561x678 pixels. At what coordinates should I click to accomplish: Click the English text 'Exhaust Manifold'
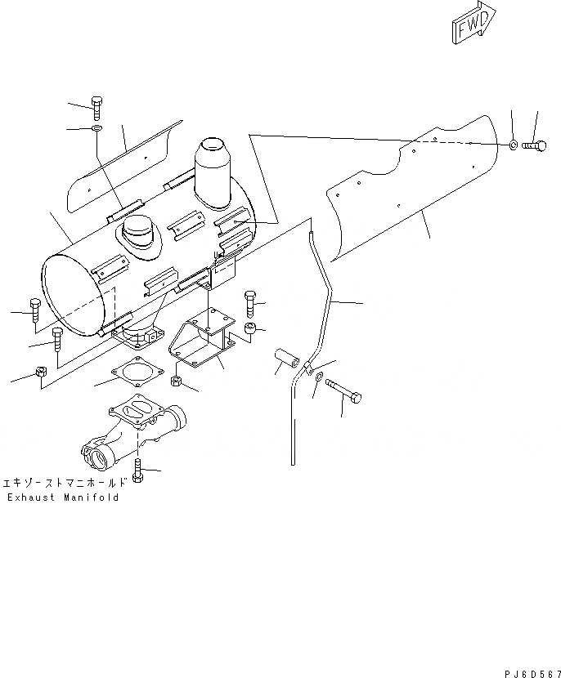point(63,497)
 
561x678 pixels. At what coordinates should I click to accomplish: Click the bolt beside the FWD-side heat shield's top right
point(534,145)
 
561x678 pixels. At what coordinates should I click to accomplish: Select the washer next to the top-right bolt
point(512,145)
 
